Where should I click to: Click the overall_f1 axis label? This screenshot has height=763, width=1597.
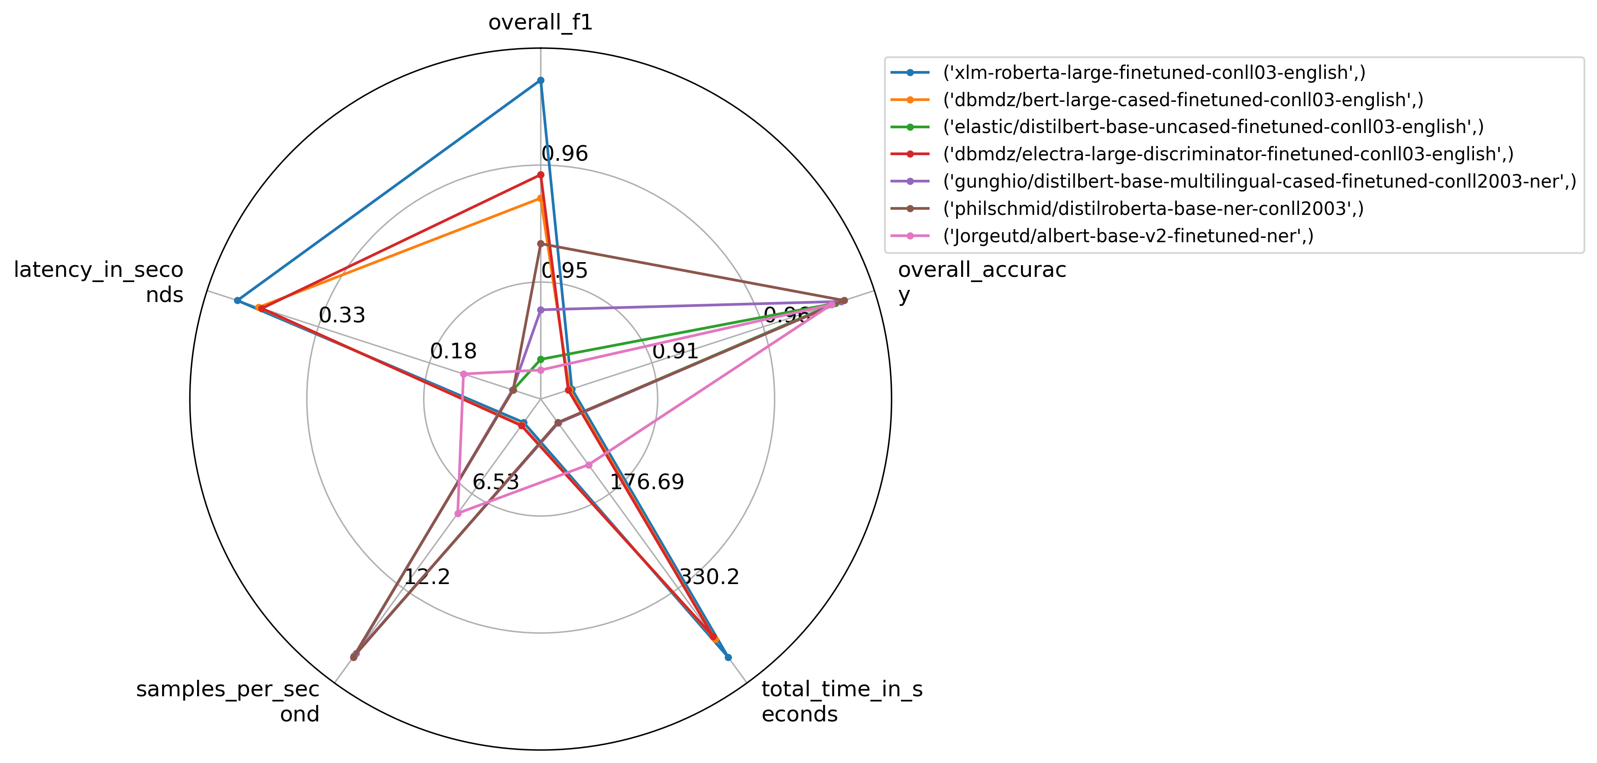[540, 23]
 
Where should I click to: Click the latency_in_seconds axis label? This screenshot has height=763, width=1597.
[99, 282]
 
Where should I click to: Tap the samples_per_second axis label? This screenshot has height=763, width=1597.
[227, 701]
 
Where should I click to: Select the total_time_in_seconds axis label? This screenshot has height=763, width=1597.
[842, 701]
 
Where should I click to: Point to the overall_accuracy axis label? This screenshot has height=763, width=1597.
[982, 282]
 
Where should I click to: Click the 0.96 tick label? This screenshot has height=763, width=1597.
[564, 154]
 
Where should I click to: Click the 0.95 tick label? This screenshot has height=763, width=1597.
[564, 270]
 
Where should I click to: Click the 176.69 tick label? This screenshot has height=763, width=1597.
[647, 482]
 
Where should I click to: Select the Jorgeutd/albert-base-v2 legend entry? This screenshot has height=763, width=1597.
[1128, 236]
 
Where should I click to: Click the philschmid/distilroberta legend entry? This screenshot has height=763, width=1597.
[1153, 208]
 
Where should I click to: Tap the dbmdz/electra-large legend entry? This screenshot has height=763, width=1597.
[1228, 154]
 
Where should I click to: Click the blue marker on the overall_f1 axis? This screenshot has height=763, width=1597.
[541, 81]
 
